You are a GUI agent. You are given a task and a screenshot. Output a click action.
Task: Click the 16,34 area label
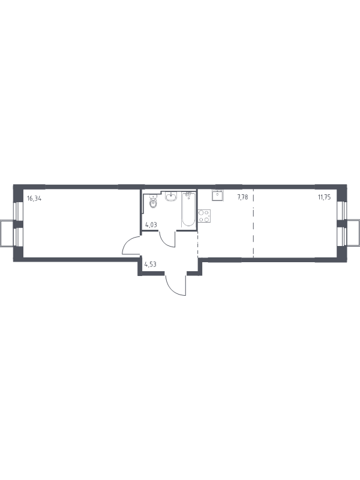tap(34, 198)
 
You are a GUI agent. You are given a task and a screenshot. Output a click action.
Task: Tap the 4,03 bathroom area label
tap(151, 224)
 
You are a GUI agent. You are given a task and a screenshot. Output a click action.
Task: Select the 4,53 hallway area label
tap(151, 264)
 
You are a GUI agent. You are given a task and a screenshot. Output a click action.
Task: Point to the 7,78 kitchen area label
tap(242, 197)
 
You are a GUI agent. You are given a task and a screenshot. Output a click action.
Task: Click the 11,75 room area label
tap(324, 197)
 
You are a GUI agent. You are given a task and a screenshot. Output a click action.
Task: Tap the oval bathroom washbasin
tap(171, 197)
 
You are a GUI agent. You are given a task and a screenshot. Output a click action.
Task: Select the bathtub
tap(188, 210)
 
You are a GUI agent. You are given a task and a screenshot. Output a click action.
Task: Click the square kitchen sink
tap(217, 195)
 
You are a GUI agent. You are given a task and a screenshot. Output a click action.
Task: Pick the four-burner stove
tap(204, 215)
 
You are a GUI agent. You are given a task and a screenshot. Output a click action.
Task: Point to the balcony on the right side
tap(353, 232)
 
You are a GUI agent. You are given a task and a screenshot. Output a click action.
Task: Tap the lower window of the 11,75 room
tap(342, 236)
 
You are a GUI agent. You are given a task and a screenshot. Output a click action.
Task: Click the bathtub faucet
tap(188, 194)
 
